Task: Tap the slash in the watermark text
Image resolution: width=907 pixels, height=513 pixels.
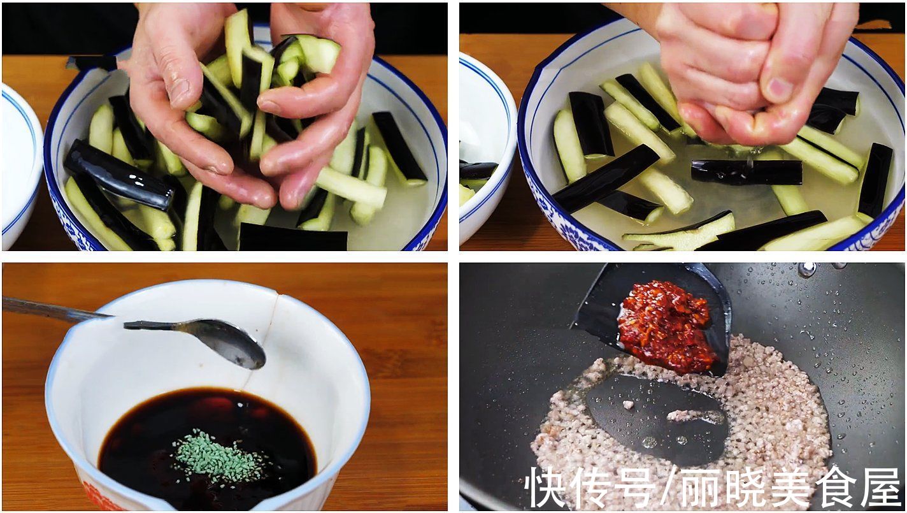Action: [x=668, y=488]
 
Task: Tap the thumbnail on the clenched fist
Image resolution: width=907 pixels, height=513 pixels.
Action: [x=781, y=89]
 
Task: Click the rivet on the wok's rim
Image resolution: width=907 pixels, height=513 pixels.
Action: [x=807, y=270]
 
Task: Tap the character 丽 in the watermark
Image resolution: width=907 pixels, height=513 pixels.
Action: [x=701, y=488]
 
